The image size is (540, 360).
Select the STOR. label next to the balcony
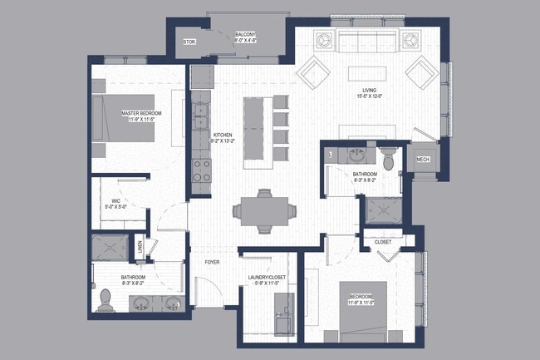[x=189, y=41]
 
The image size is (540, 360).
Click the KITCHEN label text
[x=223, y=135]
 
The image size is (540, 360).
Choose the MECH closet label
[x=422, y=160]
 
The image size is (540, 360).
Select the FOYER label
[x=213, y=262]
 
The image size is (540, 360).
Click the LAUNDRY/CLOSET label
[x=268, y=279]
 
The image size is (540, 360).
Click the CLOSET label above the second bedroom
[x=383, y=242]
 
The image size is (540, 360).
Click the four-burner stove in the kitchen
[x=201, y=170]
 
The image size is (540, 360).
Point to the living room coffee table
[x=368, y=72]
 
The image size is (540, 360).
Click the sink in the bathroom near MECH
[x=356, y=155]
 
